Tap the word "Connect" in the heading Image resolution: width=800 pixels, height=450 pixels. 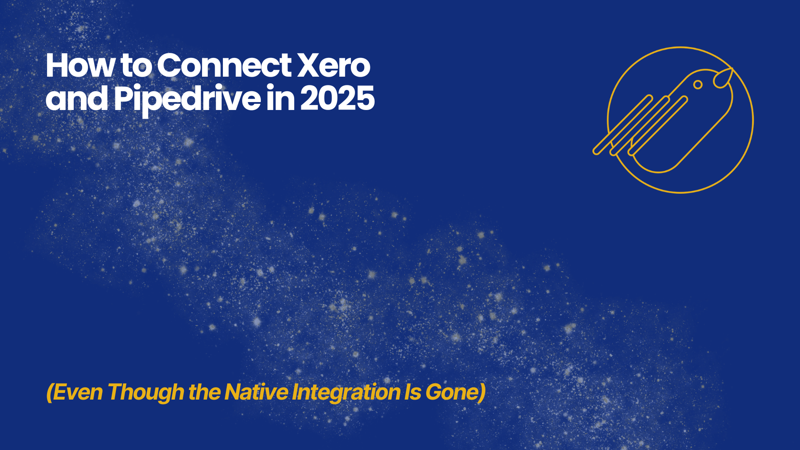pyautogui.click(x=224, y=66)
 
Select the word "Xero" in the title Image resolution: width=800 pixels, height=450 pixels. pyautogui.click(x=333, y=66)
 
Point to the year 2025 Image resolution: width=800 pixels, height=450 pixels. pyautogui.click(x=337, y=99)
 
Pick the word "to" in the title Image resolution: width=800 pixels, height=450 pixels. pyautogui.click(x=136, y=67)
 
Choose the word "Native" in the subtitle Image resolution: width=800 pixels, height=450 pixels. pyautogui.click(x=256, y=392)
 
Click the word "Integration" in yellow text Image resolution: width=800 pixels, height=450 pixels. pyautogui.click(x=346, y=393)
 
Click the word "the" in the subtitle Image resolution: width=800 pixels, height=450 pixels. pyautogui.click(x=205, y=392)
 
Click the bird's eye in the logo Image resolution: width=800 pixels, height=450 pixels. pyautogui.click(x=698, y=85)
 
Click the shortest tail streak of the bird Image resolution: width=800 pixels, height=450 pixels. pyautogui.click(x=658, y=126)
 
